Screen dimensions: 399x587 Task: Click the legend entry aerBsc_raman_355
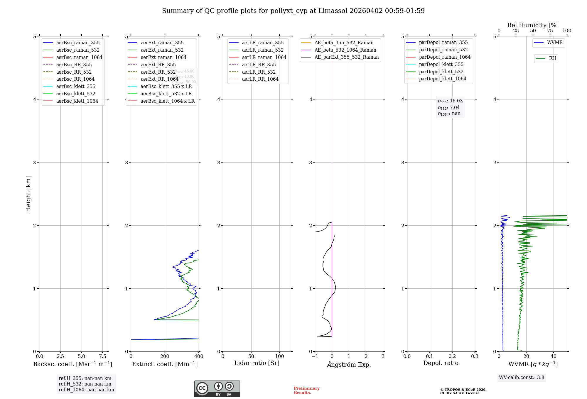(x=78, y=43)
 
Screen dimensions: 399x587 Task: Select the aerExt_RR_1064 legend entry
(x=159, y=79)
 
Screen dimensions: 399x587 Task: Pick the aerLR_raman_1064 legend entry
(x=264, y=58)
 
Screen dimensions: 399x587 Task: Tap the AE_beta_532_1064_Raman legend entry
(x=345, y=50)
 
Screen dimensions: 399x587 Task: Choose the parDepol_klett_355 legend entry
(x=441, y=65)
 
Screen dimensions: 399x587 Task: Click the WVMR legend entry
(x=555, y=43)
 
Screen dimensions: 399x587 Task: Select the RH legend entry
(x=552, y=58)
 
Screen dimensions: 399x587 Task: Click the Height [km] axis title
(x=28, y=194)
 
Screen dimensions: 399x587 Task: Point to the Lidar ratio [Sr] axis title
(x=257, y=363)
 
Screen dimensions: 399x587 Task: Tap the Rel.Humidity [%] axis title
(x=533, y=25)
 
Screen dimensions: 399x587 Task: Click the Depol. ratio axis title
(x=441, y=363)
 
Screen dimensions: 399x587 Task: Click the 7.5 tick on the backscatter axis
(x=102, y=356)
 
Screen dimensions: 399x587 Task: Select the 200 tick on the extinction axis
(x=165, y=356)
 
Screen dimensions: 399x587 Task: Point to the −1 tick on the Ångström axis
(x=315, y=356)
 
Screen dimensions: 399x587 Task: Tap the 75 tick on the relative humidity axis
(x=550, y=31)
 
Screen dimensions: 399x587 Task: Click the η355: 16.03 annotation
(x=450, y=101)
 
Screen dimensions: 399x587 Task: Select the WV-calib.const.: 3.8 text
(x=522, y=378)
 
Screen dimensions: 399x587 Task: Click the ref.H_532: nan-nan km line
(x=85, y=384)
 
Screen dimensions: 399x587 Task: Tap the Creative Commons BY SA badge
(x=217, y=388)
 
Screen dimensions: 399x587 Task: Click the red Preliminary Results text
(x=306, y=390)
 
